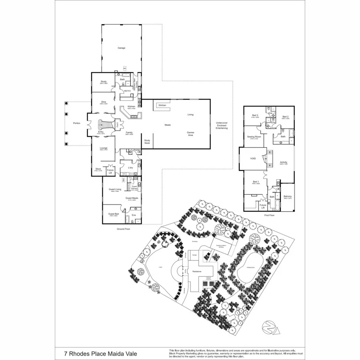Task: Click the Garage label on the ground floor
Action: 121,48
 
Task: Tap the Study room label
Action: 104,82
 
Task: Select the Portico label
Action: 77,123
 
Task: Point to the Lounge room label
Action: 104,148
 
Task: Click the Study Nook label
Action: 147,142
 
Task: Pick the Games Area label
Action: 191,134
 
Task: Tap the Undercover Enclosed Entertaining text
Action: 222,125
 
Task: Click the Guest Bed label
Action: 114,214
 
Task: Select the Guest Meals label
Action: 132,198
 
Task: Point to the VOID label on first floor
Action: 253,159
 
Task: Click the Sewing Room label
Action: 252,137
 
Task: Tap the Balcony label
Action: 287,196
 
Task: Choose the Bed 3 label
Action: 254,116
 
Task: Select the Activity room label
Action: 284,162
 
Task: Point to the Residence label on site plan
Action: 197,272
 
